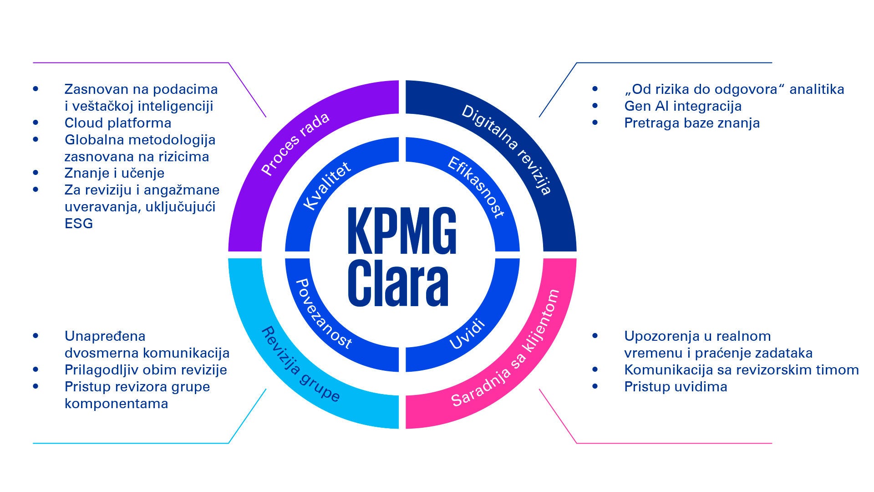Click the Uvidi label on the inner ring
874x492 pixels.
coord(467,335)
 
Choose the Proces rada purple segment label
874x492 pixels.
coord(295,144)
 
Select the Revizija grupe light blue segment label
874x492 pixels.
coord(300,364)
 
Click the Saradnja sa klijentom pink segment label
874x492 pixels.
coord(505,348)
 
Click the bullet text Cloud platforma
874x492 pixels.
coord(118,123)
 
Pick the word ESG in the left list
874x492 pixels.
coord(79,224)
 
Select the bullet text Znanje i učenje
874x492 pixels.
coord(114,173)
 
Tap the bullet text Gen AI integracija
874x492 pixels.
coord(683,106)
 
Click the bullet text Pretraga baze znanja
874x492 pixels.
coord(692,123)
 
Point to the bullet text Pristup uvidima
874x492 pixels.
coord(676,387)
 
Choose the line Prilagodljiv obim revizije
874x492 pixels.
coord(146,370)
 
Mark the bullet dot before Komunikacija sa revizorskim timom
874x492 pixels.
coord(595,369)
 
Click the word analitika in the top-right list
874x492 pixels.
coord(817,89)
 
